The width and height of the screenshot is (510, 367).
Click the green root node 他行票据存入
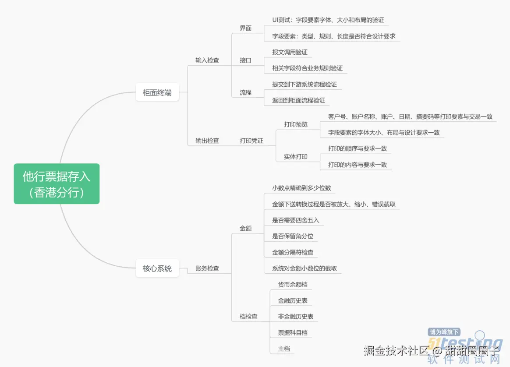(x=57, y=184)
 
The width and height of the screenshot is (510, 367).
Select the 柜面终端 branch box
(x=157, y=92)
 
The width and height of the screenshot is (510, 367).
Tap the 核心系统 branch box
(x=157, y=268)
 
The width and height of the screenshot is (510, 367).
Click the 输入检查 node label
(x=207, y=60)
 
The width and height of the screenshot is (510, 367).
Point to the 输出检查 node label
(x=207, y=141)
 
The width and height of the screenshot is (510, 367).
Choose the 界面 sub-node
(x=246, y=28)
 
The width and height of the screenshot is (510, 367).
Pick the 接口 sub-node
(x=246, y=60)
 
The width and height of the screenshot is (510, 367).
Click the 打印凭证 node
(x=251, y=141)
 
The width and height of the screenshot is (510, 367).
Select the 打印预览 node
(x=296, y=124)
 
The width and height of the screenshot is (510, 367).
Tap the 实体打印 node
(x=296, y=157)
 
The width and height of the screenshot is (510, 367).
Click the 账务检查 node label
(x=207, y=268)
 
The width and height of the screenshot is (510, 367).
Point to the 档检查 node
(x=248, y=317)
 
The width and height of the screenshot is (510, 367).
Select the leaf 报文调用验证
(x=290, y=52)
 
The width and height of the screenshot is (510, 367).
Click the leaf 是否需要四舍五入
(x=296, y=220)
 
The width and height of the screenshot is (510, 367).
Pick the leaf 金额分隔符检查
(x=293, y=253)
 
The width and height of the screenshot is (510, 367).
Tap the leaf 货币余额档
(x=293, y=285)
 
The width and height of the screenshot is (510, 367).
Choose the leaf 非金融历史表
(x=296, y=317)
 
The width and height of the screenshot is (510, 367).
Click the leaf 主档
(x=284, y=349)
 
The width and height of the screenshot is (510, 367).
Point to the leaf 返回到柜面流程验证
(x=299, y=100)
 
